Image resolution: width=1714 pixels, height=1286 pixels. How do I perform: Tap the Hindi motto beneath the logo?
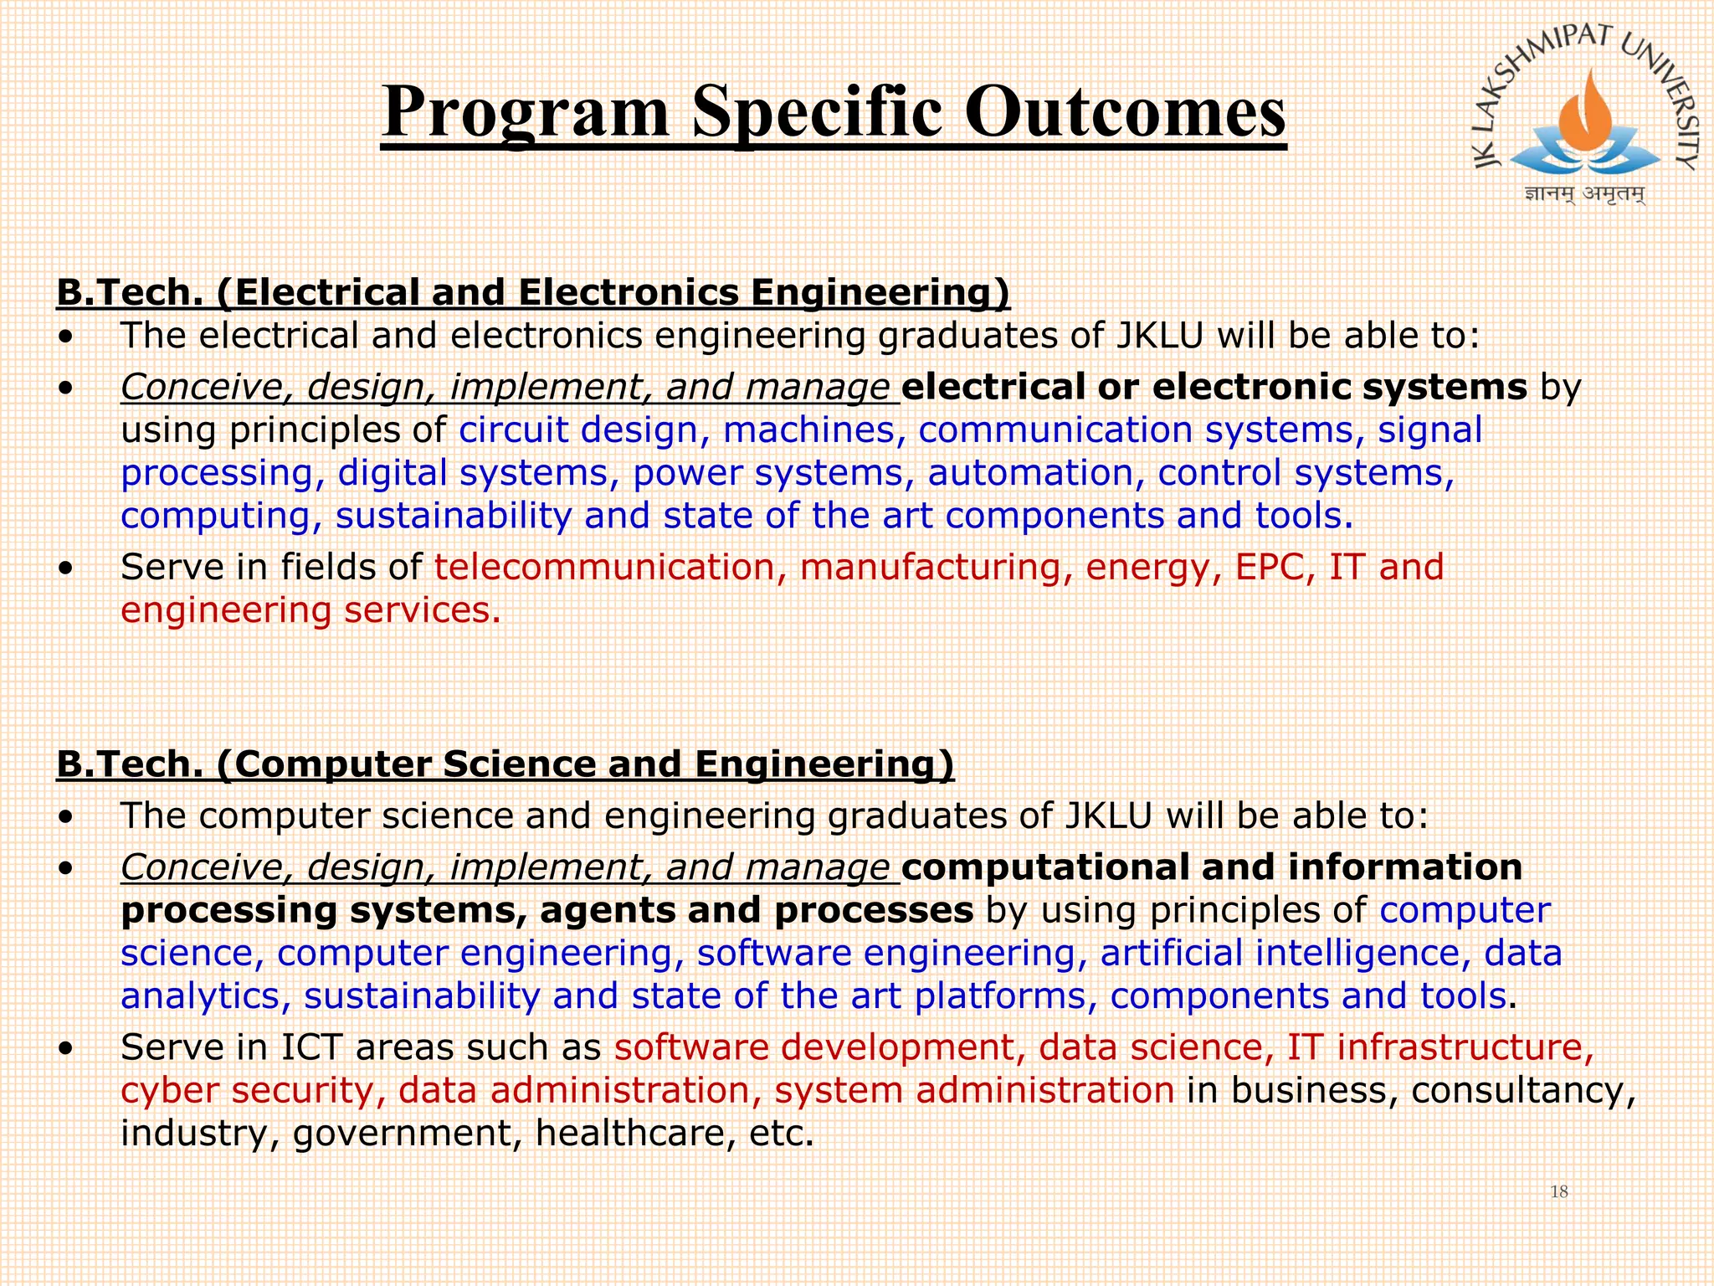tap(1584, 194)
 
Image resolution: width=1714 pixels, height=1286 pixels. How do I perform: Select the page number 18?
tap(1558, 1191)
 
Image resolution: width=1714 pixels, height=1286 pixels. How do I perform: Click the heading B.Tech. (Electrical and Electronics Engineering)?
tap(532, 293)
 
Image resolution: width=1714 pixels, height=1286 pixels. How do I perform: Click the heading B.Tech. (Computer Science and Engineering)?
tap(505, 764)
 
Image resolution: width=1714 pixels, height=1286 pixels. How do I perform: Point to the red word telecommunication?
tap(603, 567)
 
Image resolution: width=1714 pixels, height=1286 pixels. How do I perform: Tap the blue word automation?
tap(1029, 473)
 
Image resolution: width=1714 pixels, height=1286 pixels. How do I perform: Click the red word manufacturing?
tap(930, 567)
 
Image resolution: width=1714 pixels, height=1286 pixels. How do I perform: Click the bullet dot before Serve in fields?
tap(66, 568)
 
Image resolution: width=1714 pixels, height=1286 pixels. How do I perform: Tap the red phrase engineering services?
tap(310, 610)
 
